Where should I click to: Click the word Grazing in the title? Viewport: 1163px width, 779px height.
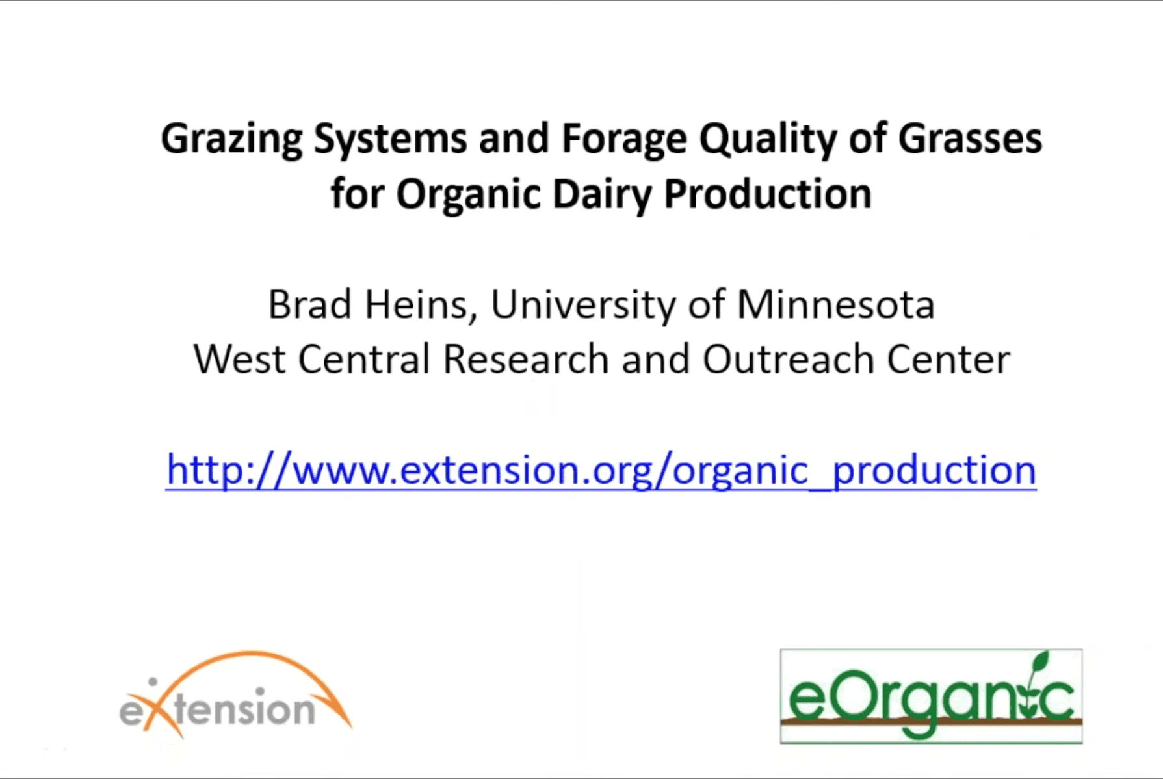click(x=231, y=140)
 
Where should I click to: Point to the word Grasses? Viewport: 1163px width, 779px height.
click(x=970, y=139)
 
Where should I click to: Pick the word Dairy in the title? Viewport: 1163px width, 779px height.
click(x=602, y=195)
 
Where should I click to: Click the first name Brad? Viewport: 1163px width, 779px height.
click(x=309, y=304)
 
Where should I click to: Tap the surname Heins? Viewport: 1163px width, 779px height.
click(x=422, y=306)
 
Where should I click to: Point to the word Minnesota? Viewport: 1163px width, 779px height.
click(x=836, y=304)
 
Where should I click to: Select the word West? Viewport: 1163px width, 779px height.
click(x=239, y=359)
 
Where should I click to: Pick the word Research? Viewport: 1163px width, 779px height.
click(x=525, y=359)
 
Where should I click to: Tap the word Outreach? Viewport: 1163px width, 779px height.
click(x=788, y=359)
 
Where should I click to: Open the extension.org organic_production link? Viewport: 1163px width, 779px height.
click(x=601, y=470)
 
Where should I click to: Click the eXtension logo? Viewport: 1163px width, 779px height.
click(x=235, y=695)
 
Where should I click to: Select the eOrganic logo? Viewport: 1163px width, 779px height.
click(x=931, y=696)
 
